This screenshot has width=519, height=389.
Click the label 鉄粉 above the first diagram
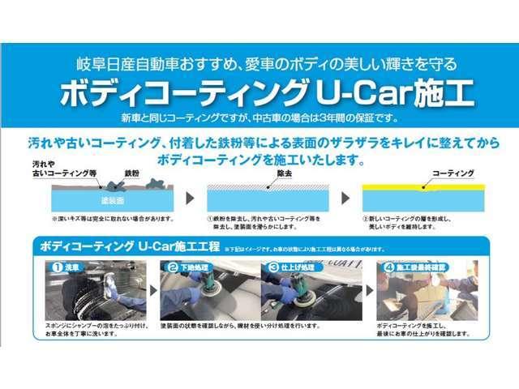click(132, 173)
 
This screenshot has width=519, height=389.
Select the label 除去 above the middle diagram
click(284, 173)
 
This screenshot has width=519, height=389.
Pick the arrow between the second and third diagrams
click(345, 199)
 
